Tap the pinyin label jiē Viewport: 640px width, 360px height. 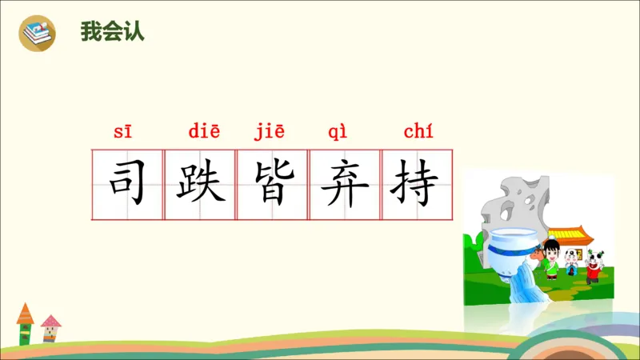270,132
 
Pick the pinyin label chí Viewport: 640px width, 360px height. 418,132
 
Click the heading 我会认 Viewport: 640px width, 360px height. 112,33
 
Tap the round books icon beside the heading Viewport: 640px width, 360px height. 38,33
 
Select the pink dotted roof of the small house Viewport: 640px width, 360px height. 50,322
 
